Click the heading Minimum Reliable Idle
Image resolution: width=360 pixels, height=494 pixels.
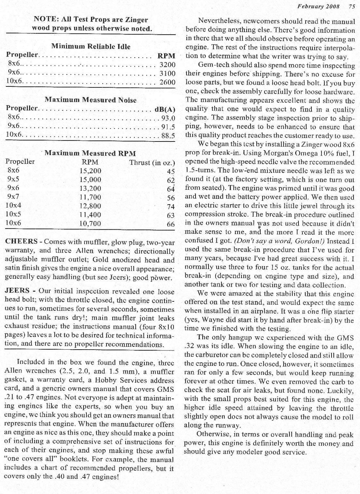pyautogui.click(x=91, y=46)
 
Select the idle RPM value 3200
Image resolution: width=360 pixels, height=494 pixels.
pyautogui.click(x=167, y=65)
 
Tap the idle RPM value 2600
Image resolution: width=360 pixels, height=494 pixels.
pyautogui.click(x=167, y=82)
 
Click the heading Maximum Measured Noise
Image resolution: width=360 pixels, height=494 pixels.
pyautogui.click(x=90, y=99)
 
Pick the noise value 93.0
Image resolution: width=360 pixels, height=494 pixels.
pyautogui.click(x=168, y=118)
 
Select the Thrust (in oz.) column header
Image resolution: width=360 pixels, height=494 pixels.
pyautogui.click(x=152, y=162)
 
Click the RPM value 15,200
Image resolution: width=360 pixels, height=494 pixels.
pyautogui.click(x=90, y=171)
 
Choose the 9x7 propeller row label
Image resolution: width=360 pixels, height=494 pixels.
pyautogui.click(x=13, y=197)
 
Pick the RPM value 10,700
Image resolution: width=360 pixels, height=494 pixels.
pyautogui.click(x=90, y=223)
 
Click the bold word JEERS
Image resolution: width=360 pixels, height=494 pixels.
pyautogui.click(x=18, y=291)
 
